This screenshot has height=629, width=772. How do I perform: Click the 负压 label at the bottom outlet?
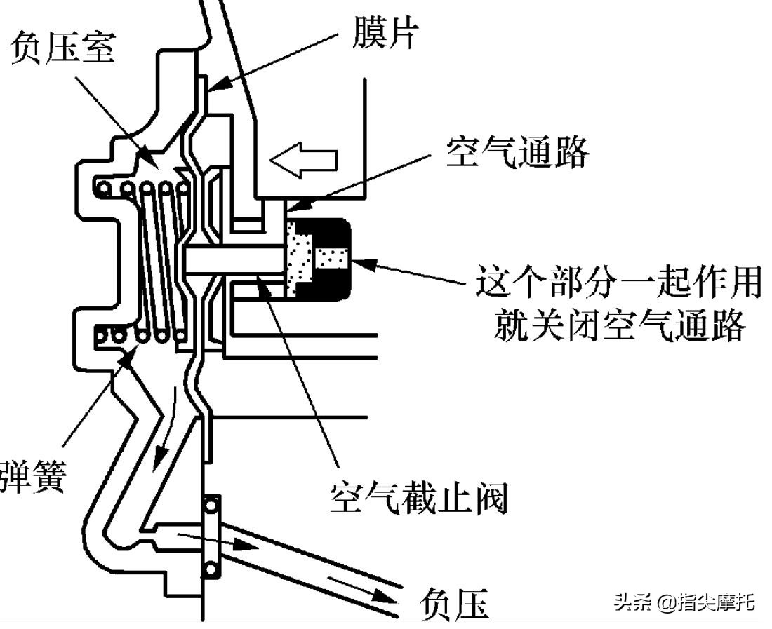point(454,603)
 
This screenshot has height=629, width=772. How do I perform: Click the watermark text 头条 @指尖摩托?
point(684,602)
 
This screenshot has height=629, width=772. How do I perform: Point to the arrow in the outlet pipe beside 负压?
point(365,592)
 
